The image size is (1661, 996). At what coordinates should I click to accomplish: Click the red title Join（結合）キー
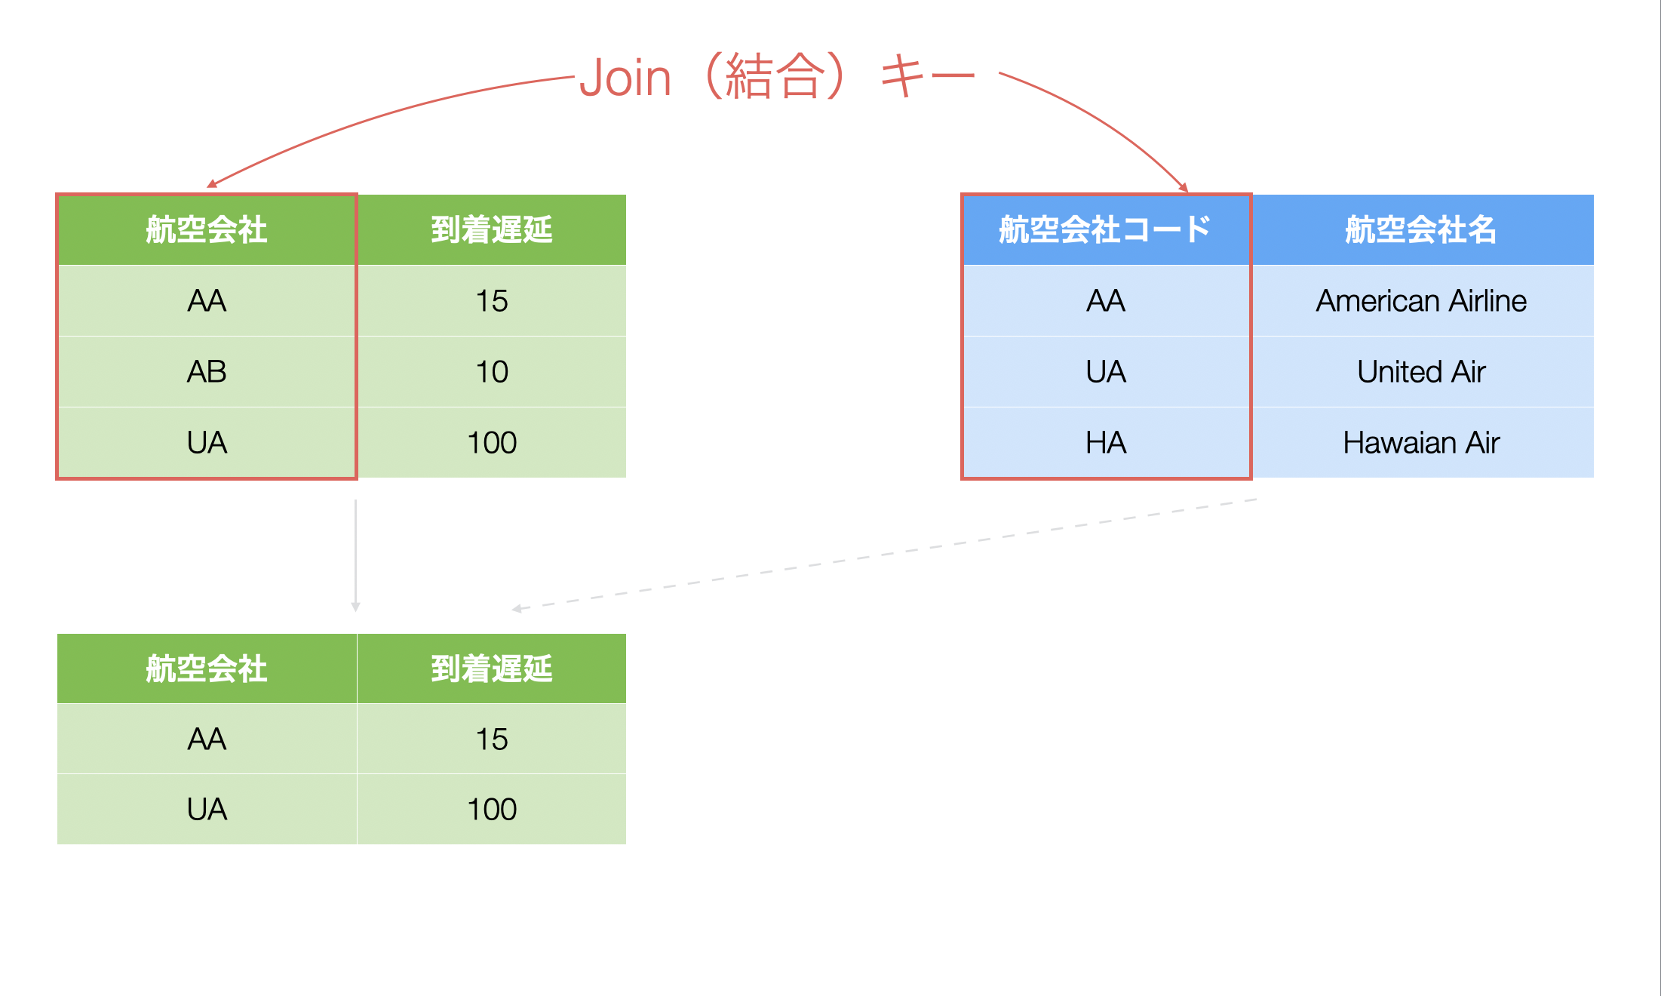[777, 77]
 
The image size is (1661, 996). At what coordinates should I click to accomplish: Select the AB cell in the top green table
[207, 372]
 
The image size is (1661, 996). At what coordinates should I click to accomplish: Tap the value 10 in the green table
[492, 372]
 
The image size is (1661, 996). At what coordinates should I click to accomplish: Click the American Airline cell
[1422, 301]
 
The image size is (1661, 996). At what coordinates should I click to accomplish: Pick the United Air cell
[1422, 372]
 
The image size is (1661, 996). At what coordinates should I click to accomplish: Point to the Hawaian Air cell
[1422, 443]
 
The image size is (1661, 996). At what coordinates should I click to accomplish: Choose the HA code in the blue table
[1107, 443]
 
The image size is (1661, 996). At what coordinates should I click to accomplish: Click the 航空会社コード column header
[1107, 230]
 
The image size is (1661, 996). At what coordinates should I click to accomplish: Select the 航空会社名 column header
[1422, 230]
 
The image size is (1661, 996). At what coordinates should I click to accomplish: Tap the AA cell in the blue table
[1107, 301]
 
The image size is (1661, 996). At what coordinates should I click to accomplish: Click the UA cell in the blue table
[1107, 372]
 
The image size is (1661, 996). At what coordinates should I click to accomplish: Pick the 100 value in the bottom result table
[492, 810]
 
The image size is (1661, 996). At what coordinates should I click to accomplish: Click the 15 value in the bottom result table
[492, 739]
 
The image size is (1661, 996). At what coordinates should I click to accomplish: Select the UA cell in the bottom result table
[207, 810]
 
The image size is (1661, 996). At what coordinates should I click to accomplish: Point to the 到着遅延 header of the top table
[492, 230]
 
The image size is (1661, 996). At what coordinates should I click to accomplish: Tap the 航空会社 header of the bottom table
[207, 669]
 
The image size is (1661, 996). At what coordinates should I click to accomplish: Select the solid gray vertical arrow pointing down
[355, 555]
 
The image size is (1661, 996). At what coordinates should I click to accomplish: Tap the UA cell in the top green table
[207, 443]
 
